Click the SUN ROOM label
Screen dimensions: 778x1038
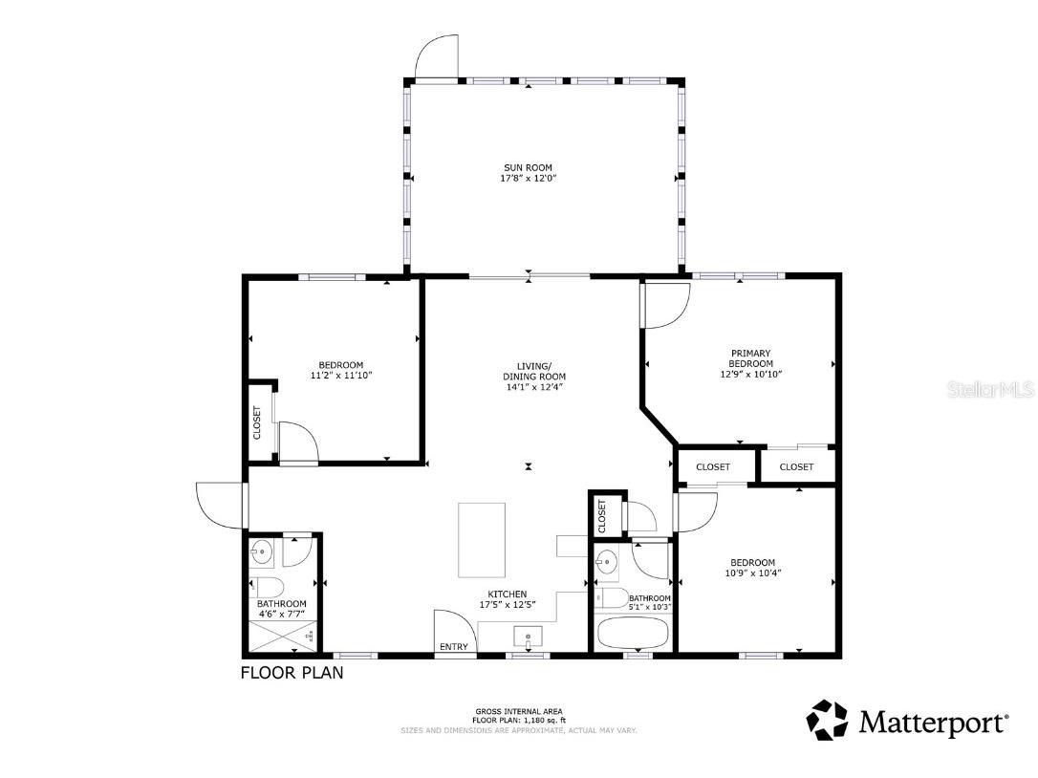(529, 167)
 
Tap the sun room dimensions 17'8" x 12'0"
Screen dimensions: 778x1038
(529, 179)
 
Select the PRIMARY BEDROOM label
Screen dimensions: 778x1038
(750, 357)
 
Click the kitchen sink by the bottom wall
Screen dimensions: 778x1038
(528, 636)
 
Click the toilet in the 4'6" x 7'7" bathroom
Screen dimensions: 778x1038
(267, 586)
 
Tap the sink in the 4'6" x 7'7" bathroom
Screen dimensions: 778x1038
(263, 551)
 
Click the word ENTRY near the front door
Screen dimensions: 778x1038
(454, 647)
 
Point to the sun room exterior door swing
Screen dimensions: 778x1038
(437, 56)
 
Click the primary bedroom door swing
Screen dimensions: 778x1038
(666, 305)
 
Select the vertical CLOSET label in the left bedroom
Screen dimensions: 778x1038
(257, 423)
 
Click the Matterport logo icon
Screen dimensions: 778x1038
(827, 720)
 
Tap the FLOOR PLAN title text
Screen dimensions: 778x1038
(292, 673)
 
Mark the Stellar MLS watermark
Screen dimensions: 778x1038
(988, 390)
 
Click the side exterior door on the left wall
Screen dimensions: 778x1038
(220, 504)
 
